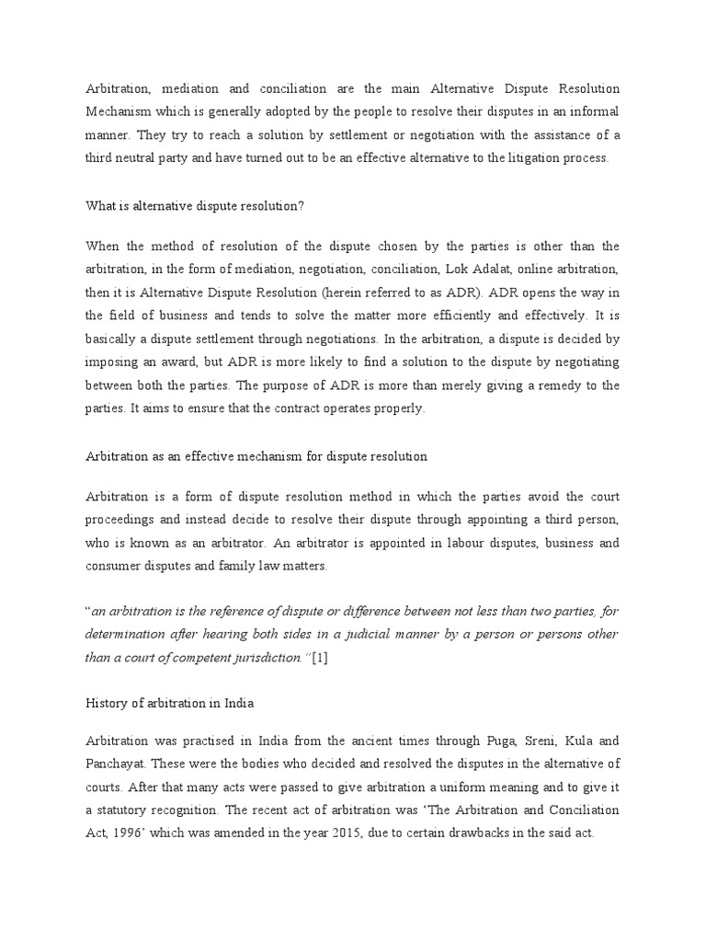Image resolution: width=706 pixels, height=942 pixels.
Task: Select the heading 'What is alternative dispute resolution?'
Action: (x=194, y=206)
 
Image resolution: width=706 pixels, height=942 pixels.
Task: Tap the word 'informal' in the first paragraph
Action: (x=592, y=111)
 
